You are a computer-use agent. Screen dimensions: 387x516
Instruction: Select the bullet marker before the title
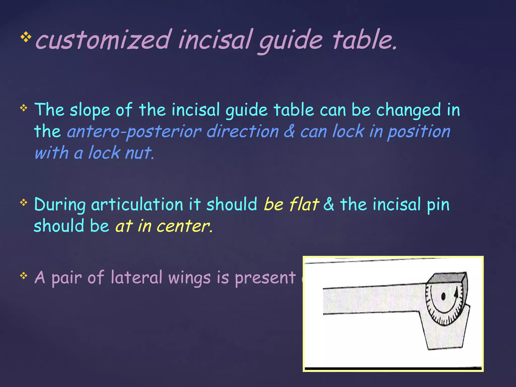(26, 38)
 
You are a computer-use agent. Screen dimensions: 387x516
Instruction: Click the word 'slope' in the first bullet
(90, 110)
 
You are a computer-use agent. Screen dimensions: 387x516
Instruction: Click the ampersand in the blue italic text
(289, 131)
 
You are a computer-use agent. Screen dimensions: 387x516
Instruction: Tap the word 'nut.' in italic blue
(140, 153)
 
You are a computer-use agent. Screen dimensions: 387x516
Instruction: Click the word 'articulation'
(137, 204)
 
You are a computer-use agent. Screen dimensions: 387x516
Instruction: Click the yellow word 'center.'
(184, 226)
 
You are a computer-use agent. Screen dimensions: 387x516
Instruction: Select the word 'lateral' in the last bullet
(136, 277)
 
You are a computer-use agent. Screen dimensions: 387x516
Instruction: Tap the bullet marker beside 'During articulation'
(24, 202)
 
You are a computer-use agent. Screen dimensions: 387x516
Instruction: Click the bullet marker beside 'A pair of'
(24, 276)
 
